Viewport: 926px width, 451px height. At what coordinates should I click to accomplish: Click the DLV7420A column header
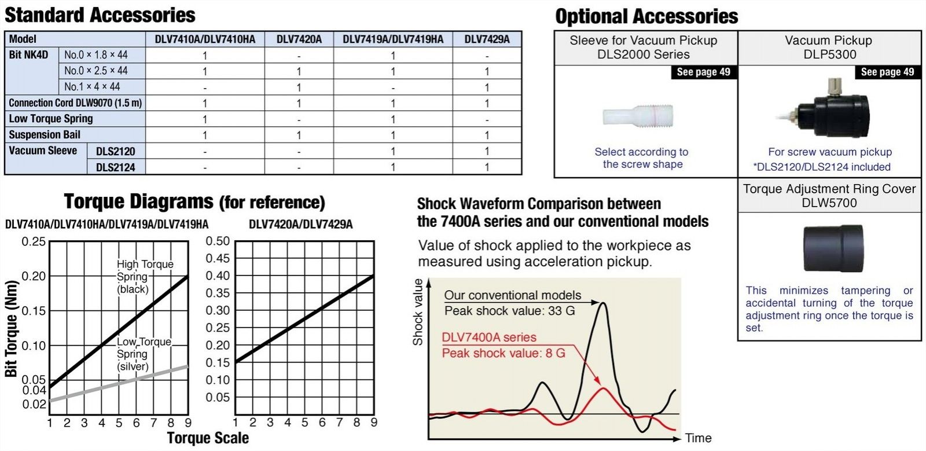tap(299, 39)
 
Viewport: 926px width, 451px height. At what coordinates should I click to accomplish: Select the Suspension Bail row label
tap(45, 135)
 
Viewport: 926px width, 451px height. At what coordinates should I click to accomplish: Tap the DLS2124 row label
tap(115, 167)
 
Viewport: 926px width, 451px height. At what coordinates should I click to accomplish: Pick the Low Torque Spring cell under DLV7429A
tap(487, 119)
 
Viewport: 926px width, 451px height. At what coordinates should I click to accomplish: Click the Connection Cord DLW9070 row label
tap(75, 103)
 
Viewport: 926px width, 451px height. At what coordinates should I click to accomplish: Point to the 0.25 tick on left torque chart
tap(34, 241)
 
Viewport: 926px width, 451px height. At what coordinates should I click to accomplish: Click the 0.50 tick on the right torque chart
tap(218, 241)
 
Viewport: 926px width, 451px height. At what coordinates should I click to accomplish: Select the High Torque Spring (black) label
tap(145, 276)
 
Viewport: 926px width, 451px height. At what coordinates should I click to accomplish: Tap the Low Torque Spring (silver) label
tap(144, 354)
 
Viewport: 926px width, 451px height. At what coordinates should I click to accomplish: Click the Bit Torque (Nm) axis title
tap(11, 329)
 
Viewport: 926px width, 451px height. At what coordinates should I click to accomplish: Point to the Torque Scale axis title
tap(208, 438)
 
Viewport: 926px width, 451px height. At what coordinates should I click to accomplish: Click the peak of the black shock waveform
tap(602, 303)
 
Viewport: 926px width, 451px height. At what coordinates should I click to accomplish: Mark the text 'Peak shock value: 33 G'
tap(509, 311)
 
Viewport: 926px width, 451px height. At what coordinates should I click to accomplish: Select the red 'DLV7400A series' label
tap(488, 337)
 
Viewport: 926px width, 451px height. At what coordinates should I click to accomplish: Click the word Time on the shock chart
tap(698, 438)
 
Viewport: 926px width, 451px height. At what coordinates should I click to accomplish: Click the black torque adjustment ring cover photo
tap(833, 248)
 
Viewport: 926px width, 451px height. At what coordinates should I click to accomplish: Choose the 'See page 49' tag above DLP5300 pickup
tap(887, 72)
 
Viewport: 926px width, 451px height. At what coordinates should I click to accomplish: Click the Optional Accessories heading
tap(646, 16)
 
